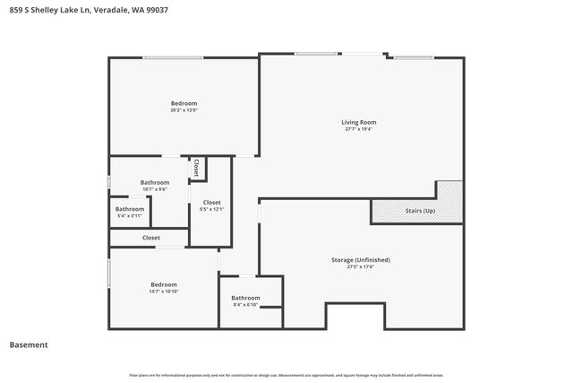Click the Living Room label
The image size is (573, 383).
pos(358,122)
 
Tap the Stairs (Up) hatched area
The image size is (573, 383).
pos(417,212)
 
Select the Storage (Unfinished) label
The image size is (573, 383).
pos(359,259)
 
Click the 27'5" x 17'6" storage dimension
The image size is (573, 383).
pos(359,266)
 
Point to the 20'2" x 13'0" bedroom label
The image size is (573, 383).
pos(184,110)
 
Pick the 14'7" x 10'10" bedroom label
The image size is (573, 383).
pos(164,292)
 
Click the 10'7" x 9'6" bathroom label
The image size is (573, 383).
pos(154,189)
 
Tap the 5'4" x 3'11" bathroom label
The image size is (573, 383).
pos(129,215)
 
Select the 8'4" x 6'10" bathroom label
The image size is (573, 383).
pos(245,305)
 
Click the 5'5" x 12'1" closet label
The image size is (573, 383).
pos(211,209)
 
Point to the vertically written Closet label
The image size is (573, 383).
pos(196,167)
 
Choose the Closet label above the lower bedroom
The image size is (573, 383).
pos(151,238)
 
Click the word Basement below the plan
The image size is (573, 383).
pos(29,345)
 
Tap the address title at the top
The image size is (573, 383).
pos(81,10)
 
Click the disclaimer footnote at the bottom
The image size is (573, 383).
pos(286,375)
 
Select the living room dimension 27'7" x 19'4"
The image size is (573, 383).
pos(358,129)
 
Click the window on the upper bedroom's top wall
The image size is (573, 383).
pos(172,58)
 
